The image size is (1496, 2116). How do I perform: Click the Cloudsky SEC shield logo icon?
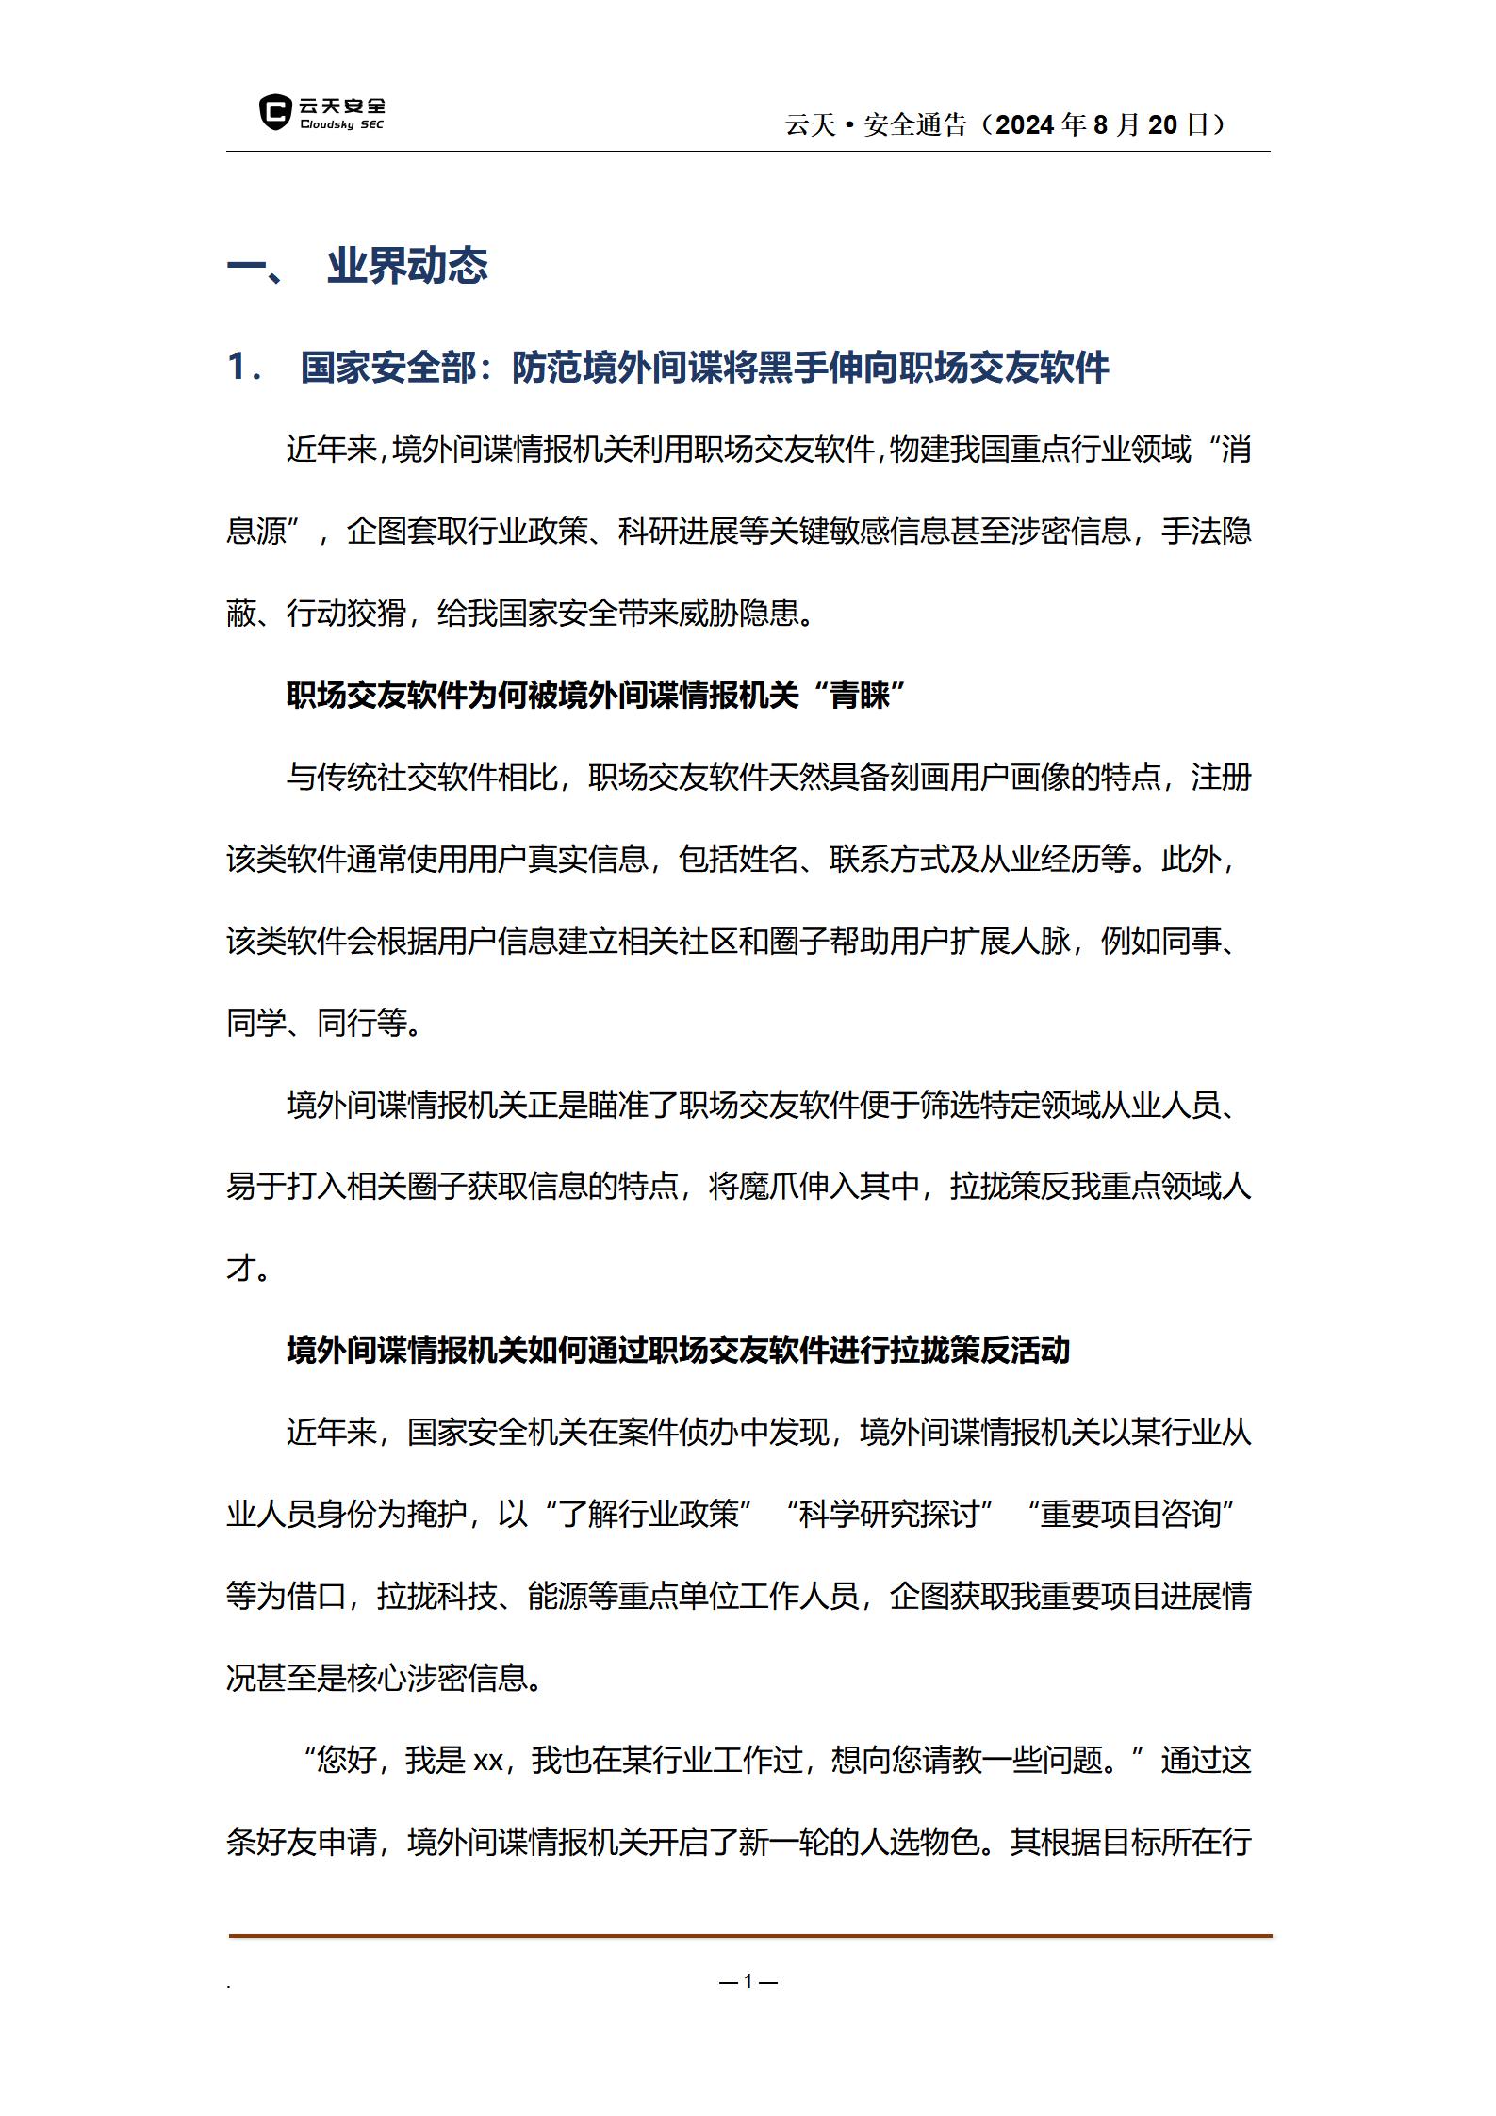[274, 112]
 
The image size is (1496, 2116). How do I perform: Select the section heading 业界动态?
[407, 267]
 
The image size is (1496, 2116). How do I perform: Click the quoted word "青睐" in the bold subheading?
[859, 696]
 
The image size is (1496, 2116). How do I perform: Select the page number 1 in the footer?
[748, 1980]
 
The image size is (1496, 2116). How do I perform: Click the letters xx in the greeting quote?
[487, 1761]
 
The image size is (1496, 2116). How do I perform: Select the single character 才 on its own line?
[241, 1269]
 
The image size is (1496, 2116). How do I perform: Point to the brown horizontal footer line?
[749, 1936]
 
